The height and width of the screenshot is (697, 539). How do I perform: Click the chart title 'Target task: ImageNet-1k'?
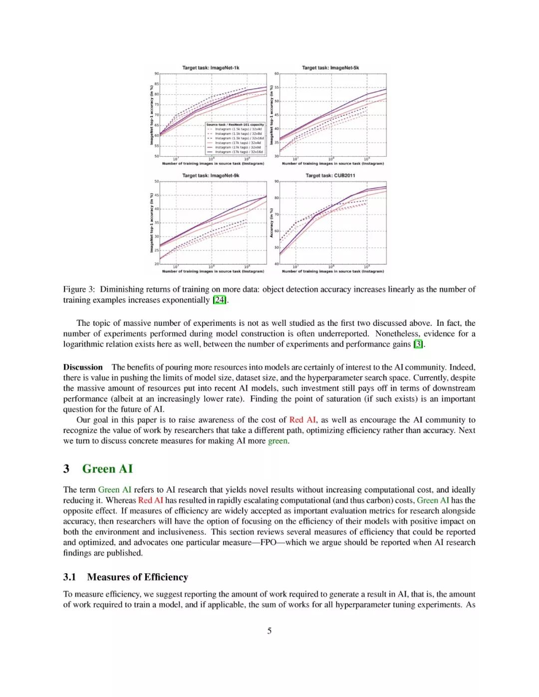pos(211,68)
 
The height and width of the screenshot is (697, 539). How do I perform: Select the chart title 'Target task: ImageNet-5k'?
pos(330,68)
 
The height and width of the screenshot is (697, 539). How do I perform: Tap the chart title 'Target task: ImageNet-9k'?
pos(211,176)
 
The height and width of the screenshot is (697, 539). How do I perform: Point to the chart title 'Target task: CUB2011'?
pos(330,176)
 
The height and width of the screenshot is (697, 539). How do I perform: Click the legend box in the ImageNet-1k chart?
pos(235,138)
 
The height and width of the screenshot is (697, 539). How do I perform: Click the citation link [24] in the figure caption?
pos(220,300)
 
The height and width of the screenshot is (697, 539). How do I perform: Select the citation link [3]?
pos(418,344)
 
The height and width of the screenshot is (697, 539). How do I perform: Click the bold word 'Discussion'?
pos(83,367)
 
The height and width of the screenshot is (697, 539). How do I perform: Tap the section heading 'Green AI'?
pos(107,469)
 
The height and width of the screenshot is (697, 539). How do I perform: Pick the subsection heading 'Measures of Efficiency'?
pos(137,577)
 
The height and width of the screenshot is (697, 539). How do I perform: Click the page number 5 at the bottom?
pos(269,631)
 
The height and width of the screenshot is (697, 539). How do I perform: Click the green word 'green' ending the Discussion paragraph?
pos(277,441)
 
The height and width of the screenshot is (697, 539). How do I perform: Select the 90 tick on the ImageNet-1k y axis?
pos(156,74)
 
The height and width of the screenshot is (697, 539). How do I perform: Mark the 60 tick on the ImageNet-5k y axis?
pos(276,74)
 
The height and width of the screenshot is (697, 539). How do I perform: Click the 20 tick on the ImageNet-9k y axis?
pos(156,264)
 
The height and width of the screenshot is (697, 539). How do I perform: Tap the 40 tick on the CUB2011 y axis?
pos(276,264)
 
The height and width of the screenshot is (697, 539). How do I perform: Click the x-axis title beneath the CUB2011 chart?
pos(333,271)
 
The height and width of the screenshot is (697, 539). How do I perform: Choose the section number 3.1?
pos(70,577)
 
